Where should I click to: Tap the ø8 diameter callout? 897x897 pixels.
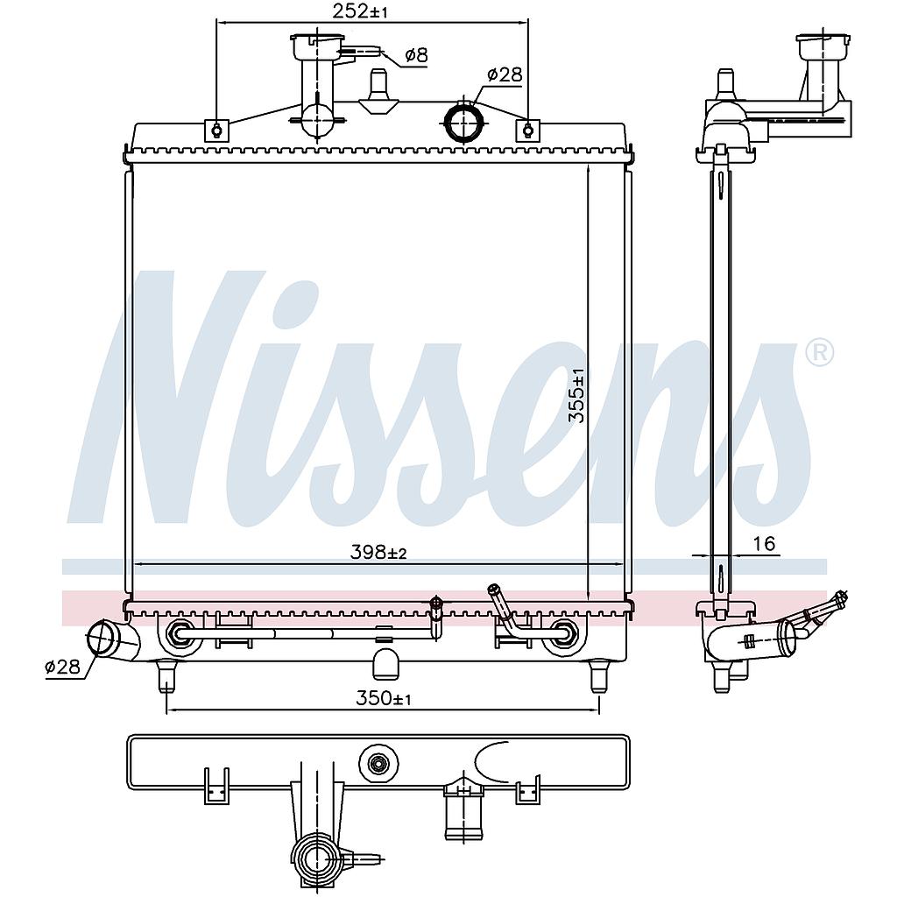tap(416, 55)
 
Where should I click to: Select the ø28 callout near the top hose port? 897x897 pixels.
tap(505, 74)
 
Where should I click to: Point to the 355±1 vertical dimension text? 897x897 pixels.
tap(578, 395)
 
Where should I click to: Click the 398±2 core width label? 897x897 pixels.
tap(378, 553)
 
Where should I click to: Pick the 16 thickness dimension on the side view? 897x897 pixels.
tap(764, 543)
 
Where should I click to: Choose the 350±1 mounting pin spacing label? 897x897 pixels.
tap(384, 698)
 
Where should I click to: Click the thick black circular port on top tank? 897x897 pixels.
tap(464, 121)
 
